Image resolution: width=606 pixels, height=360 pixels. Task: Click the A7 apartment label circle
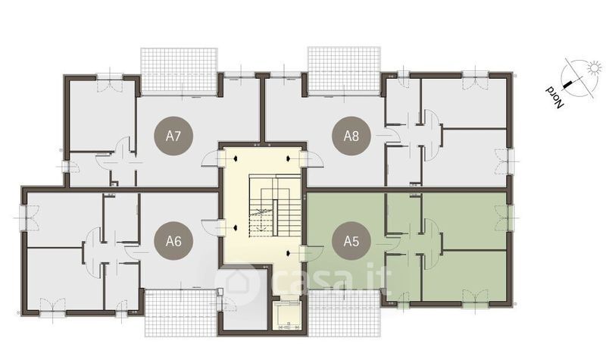coord(173,136)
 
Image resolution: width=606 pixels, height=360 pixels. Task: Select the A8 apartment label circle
coord(351,136)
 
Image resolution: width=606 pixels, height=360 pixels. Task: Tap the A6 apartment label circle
coord(173,241)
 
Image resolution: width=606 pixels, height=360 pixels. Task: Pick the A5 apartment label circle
coord(351,241)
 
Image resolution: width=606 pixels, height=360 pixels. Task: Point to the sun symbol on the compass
coord(595,68)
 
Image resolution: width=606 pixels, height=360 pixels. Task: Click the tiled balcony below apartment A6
coord(180,313)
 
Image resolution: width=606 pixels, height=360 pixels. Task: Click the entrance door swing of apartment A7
coord(211,158)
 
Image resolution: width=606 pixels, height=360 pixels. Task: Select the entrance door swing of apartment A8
coord(312,158)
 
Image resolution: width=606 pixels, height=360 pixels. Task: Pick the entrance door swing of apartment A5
coord(312,253)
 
